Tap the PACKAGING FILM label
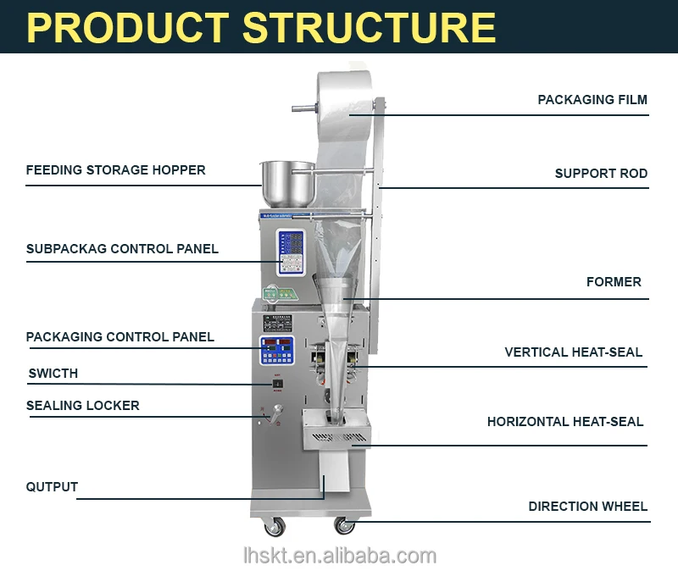tap(592, 100)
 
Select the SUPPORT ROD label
tap(601, 174)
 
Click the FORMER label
tap(614, 282)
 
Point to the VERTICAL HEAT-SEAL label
tap(573, 352)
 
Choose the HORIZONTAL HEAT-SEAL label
tap(564, 422)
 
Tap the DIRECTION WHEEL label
tap(587, 507)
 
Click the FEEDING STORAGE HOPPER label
tap(115, 170)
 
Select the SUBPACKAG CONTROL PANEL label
tap(122, 249)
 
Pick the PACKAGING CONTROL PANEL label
tap(120, 337)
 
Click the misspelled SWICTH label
tap(53, 374)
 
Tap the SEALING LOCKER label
tap(83, 406)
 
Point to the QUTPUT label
tap(52, 487)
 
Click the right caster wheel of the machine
tap(343, 526)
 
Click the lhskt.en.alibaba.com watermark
tap(338, 556)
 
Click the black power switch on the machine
tap(276, 385)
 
